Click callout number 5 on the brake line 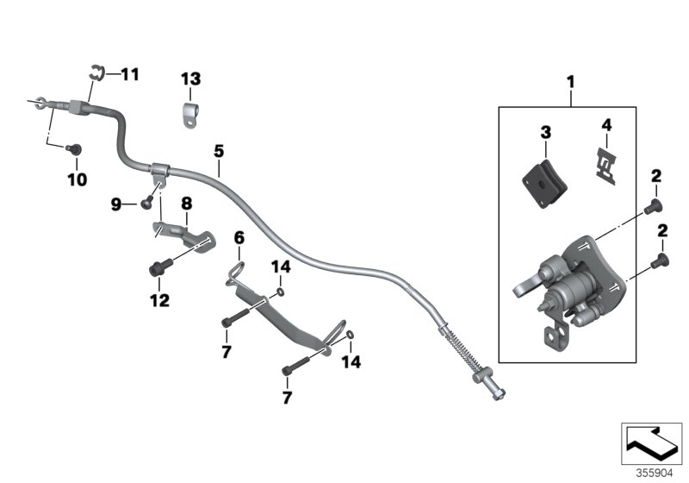click(219, 151)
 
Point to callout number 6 click(239, 236)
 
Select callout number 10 click(78, 179)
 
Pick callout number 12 click(159, 301)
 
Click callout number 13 click(190, 78)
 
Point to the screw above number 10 click(74, 149)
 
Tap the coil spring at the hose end click(459, 354)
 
